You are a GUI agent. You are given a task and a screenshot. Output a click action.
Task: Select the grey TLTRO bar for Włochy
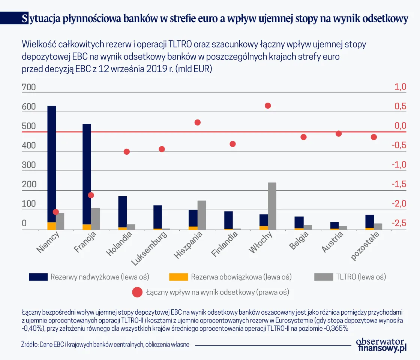[x=272, y=206]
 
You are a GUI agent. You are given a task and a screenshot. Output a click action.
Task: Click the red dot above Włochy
[x=268, y=106]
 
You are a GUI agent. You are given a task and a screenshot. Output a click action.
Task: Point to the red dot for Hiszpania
[x=198, y=122]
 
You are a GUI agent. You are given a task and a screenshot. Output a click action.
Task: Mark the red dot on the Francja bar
[x=91, y=195]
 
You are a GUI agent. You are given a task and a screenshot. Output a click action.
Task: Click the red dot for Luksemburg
[x=162, y=149]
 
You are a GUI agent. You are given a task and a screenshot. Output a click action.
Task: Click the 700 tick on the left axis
[x=29, y=88]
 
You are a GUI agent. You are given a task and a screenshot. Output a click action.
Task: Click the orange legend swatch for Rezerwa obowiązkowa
[x=178, y=277]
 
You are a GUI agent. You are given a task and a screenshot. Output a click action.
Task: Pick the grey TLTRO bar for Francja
[x=95, y=219]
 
